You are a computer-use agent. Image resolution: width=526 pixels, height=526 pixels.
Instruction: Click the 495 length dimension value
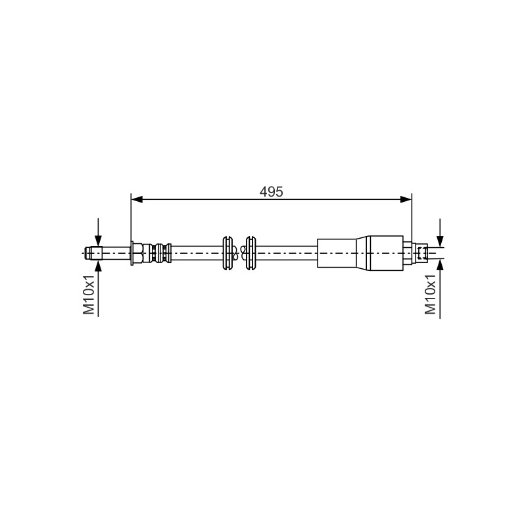pyautogui.click(x=271, y=191)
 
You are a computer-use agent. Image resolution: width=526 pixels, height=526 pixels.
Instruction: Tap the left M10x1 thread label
pyautogui.click(x=89, y=295)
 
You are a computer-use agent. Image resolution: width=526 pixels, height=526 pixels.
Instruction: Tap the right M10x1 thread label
pyautogui.click(x=431, y=295)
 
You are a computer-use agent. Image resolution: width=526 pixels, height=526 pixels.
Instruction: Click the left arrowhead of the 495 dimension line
pyautogui.click(x=137, y=200)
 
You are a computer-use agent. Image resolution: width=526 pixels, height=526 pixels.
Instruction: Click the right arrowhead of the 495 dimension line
pyautogui.click(x=406, y=200)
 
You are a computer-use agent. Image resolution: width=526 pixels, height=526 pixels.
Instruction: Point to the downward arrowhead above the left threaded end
pyautogui.click(x=98, y=241)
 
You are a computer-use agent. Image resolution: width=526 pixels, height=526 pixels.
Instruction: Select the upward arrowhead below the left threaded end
pyautogui.click(x=98, y=266)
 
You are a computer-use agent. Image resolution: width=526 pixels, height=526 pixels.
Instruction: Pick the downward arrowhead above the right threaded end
pyautogui.click(x=440, y=241)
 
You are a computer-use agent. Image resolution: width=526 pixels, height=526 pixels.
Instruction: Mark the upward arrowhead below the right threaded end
pyautogui.click(x=440, y=265)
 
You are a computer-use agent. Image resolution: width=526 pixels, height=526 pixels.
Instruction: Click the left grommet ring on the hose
pyautogui.click(x=227, y=253)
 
